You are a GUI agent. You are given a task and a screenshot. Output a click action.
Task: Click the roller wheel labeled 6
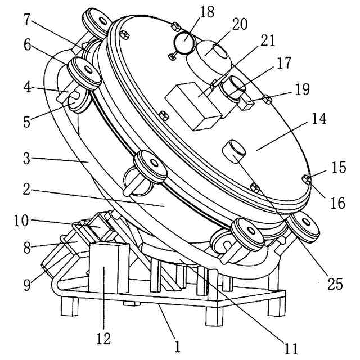click(84, 72)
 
